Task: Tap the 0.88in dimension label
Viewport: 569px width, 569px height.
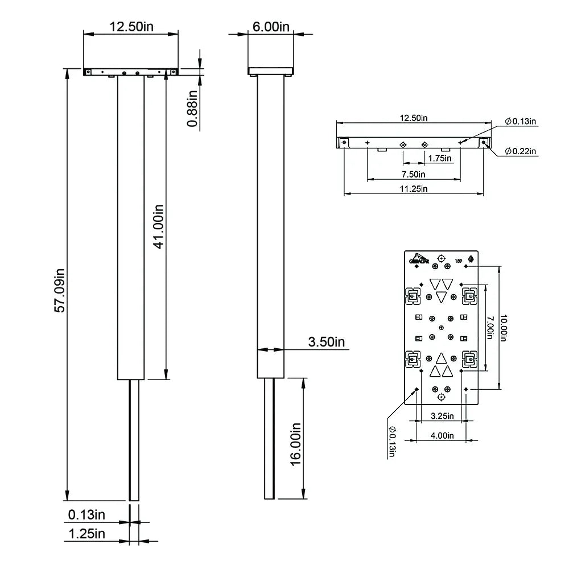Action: (x=193, y=108)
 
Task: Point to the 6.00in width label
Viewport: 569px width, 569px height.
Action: (x=271, y=27)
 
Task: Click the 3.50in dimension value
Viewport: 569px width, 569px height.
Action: (x=327, y=342)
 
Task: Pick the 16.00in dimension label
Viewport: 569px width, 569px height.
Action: (x=295, y=444)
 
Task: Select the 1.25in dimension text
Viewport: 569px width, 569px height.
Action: (x=86, y=534)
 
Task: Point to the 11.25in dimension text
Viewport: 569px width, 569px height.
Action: (x=414, y=189)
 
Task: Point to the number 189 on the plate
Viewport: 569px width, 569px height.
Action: (x=458, y=261)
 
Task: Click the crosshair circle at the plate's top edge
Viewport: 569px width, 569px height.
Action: (x=441, y=258)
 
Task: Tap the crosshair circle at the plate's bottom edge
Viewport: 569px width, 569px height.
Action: (x=441, y=396)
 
